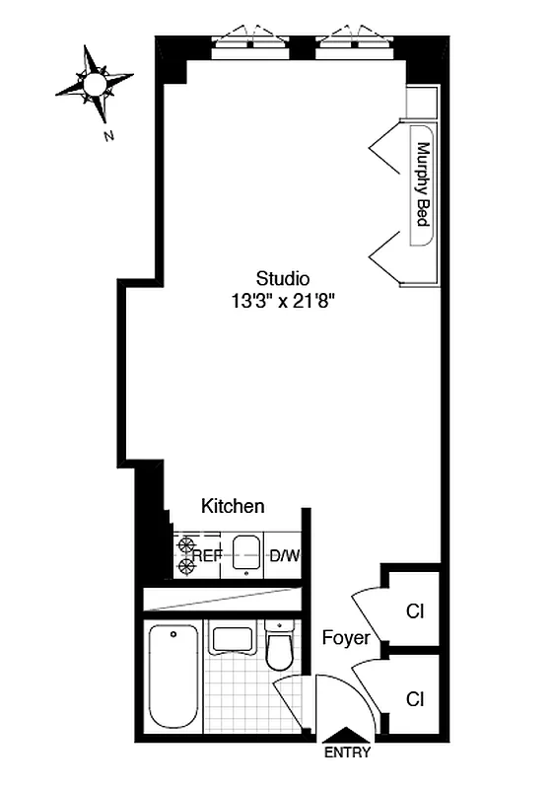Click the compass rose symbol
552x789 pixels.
point(94,86)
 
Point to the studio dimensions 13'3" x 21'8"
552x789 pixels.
point(283,302)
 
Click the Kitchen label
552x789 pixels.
point(233,506)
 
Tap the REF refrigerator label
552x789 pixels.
point(207,556)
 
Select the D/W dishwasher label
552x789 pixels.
point(284,556)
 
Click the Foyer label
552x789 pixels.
point(346,638)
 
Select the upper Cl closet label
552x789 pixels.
point(415,611)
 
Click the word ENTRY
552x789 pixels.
point(347,753)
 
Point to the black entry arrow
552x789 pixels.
point(347,734)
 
